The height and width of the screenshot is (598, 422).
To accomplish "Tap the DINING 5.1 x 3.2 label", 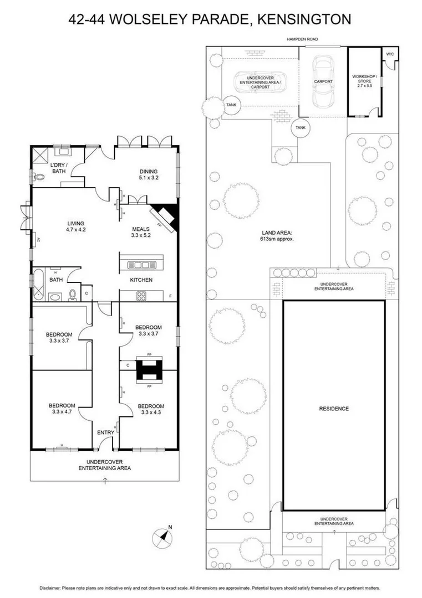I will [149, 174].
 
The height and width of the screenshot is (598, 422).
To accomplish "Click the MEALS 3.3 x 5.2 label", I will [141, 231].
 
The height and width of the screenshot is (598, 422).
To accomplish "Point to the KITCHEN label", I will [141, 280].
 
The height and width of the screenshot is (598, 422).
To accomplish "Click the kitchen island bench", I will [141, 265].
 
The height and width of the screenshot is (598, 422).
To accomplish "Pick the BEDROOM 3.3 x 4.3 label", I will [151, 409].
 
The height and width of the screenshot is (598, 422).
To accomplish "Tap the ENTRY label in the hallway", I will [105, 432].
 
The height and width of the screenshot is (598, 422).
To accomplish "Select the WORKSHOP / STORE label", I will [365, 81].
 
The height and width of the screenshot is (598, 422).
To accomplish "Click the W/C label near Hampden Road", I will [390, 54].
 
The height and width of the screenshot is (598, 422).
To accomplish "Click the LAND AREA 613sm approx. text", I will [276, 236].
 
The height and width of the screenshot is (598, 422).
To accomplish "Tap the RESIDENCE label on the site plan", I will [334, 409].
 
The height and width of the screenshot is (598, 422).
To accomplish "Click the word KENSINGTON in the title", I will [307, 19].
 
